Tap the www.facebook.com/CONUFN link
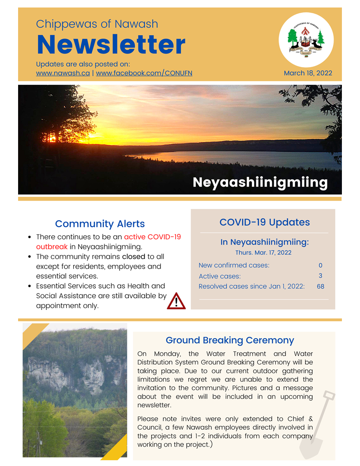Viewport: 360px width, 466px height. click(x=144, y=73)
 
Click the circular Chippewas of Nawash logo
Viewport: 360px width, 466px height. click(x=306, y=40)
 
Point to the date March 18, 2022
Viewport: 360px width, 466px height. click(x=308, y=73)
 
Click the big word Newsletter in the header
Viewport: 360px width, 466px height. click(x=111, y=45)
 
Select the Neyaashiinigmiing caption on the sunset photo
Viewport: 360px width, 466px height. click(x=260, y=182)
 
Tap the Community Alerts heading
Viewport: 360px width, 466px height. click(x=100, y=224)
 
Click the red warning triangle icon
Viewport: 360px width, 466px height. click(x=176, y=301)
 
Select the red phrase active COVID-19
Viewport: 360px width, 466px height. click(x=152, y=237)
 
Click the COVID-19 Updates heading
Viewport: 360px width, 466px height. click(x=264, y=222)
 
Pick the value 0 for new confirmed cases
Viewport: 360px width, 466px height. click(x=320, y=266)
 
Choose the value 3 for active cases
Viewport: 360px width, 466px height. click(x=320, y=276)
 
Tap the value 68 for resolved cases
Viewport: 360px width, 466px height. click(x=320, y=286)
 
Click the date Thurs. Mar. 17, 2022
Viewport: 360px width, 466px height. click(x=264, y=253)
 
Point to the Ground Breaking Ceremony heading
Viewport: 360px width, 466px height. click(x=229, y=340)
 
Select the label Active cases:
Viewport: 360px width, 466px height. click(x=220, y=276)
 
